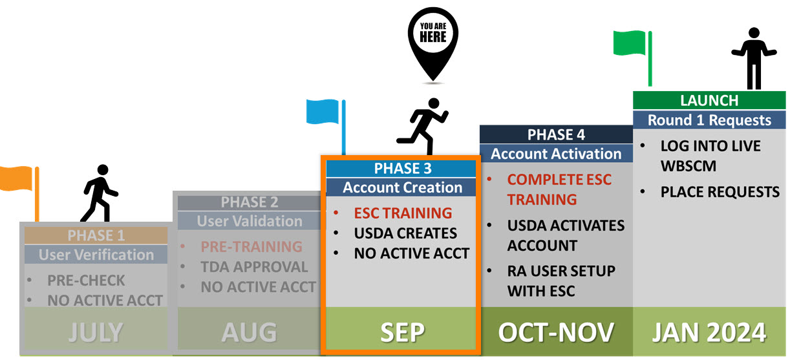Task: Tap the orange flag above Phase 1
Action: click(19, 192)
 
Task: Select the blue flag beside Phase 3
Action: click(326, 126)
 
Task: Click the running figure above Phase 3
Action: click(423, 126)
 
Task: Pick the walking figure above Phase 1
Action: click(100, 193)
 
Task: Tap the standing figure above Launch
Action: click(754, 58)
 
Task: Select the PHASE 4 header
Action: click(556, 134)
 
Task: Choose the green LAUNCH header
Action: click(709, 100)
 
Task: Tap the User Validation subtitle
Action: click(250, 221)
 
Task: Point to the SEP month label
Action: click(402, 332)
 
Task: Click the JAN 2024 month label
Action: click(709, 332)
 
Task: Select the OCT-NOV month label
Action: click(556, 332)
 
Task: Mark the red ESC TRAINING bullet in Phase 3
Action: click(403, 213)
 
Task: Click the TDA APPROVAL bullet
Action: click(254, 267)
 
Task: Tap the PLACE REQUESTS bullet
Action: click(720, 192)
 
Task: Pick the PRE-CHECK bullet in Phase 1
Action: click(86, 281)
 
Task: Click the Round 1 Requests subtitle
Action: click(709, 120)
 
